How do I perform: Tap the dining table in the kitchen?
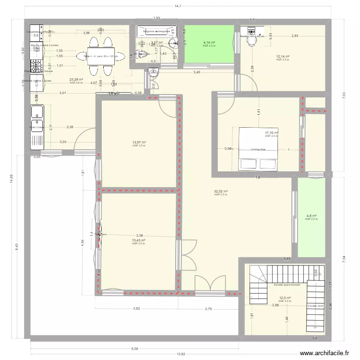[101, 56]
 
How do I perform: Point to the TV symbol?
[114, 94]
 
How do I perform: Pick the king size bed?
[258, 149]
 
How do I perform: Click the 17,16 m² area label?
[272, 133]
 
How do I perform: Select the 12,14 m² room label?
[283, 56]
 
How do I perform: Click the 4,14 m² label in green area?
[209, 43]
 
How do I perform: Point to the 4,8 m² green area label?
[312, 216]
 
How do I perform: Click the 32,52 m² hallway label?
[221, 192]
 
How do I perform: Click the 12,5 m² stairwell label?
[285, 298]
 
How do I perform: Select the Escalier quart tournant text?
[286, 285]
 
